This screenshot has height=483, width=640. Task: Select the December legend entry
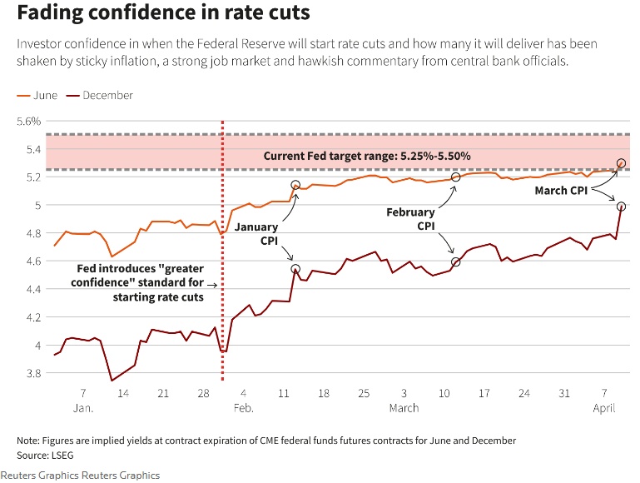point(101,95)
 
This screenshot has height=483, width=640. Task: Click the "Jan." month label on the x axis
point(83,408)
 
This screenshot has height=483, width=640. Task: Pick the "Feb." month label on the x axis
point(243,408)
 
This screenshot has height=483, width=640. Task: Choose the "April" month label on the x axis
point(603,408)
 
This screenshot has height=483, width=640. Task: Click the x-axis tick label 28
point(202,393)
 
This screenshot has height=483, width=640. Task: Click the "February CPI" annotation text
point(410,219)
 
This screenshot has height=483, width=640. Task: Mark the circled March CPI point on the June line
point(621,163)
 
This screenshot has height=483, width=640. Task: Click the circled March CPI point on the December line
point(621,206)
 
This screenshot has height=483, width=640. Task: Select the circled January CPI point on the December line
point(295,269)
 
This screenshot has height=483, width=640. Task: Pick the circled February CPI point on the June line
point(455,177)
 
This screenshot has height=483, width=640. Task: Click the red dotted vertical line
point(222,250)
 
